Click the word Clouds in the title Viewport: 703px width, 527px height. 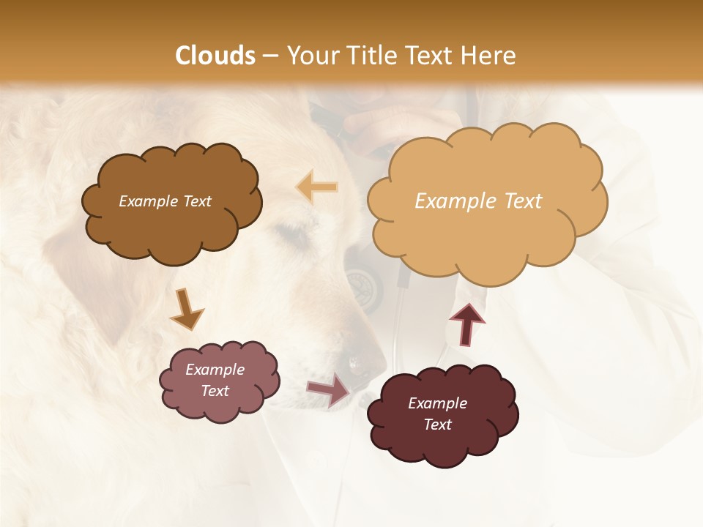point(215,56)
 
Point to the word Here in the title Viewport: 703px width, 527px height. point(488,56)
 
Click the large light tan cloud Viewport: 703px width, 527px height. point(487,201)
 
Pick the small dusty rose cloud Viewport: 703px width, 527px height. point(219,381)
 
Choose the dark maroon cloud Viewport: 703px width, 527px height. point(442,414)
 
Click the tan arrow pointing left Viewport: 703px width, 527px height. point(317,187)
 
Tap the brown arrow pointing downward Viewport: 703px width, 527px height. point(186,308)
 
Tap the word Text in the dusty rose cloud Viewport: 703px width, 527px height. point(215,391)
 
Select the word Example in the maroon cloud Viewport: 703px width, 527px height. point(437,403)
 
